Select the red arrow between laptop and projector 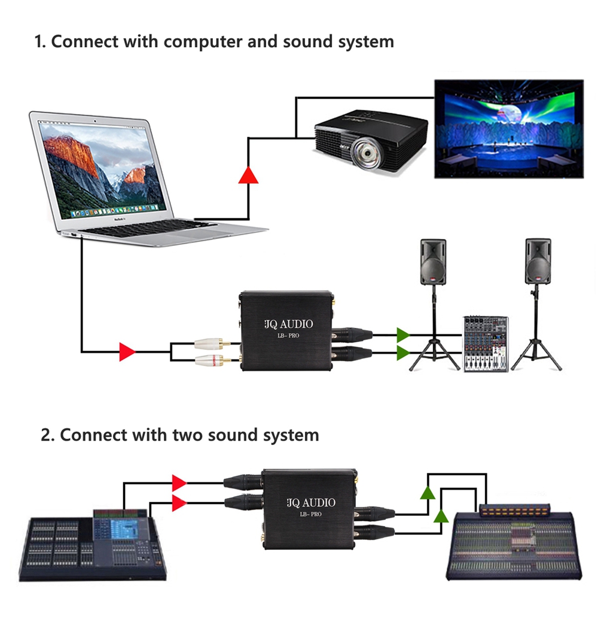pos(248,175)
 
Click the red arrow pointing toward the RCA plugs pos(127,352)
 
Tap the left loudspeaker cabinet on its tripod pos(432,262)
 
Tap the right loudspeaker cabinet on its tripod pos(538,262)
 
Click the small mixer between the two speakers pos(486,344)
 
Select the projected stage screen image pos(508,128)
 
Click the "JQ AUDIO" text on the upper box pos(288,325)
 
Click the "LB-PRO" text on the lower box pos(310,514)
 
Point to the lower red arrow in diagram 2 pos(179,503)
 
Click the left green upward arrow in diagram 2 pos(427,493)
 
